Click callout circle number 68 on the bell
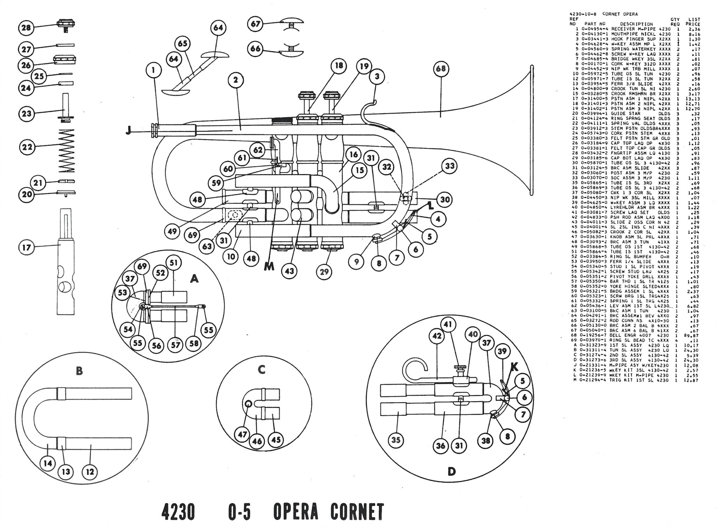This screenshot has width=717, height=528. click(x=440, y=69)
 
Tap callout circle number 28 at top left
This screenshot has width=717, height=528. click(x=27, y=27)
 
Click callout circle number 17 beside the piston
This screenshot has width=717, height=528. click(x=27, y=248)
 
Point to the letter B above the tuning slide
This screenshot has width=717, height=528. click(x=79, y=371)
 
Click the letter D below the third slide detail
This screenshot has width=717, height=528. click(x=452, y=472)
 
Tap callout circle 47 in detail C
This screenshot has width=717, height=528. click(x=243, y=435)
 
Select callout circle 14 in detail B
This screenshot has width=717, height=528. click(x=48, y=463)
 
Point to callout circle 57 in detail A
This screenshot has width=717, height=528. click(x=175, y=345)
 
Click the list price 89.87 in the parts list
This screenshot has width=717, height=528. click(x=692, y=335)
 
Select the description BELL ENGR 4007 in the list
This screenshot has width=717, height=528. click(x=632, y=335)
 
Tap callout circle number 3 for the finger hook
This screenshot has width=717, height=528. click(x=377, y=76)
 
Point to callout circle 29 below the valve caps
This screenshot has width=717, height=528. click(x=323, y=272)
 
